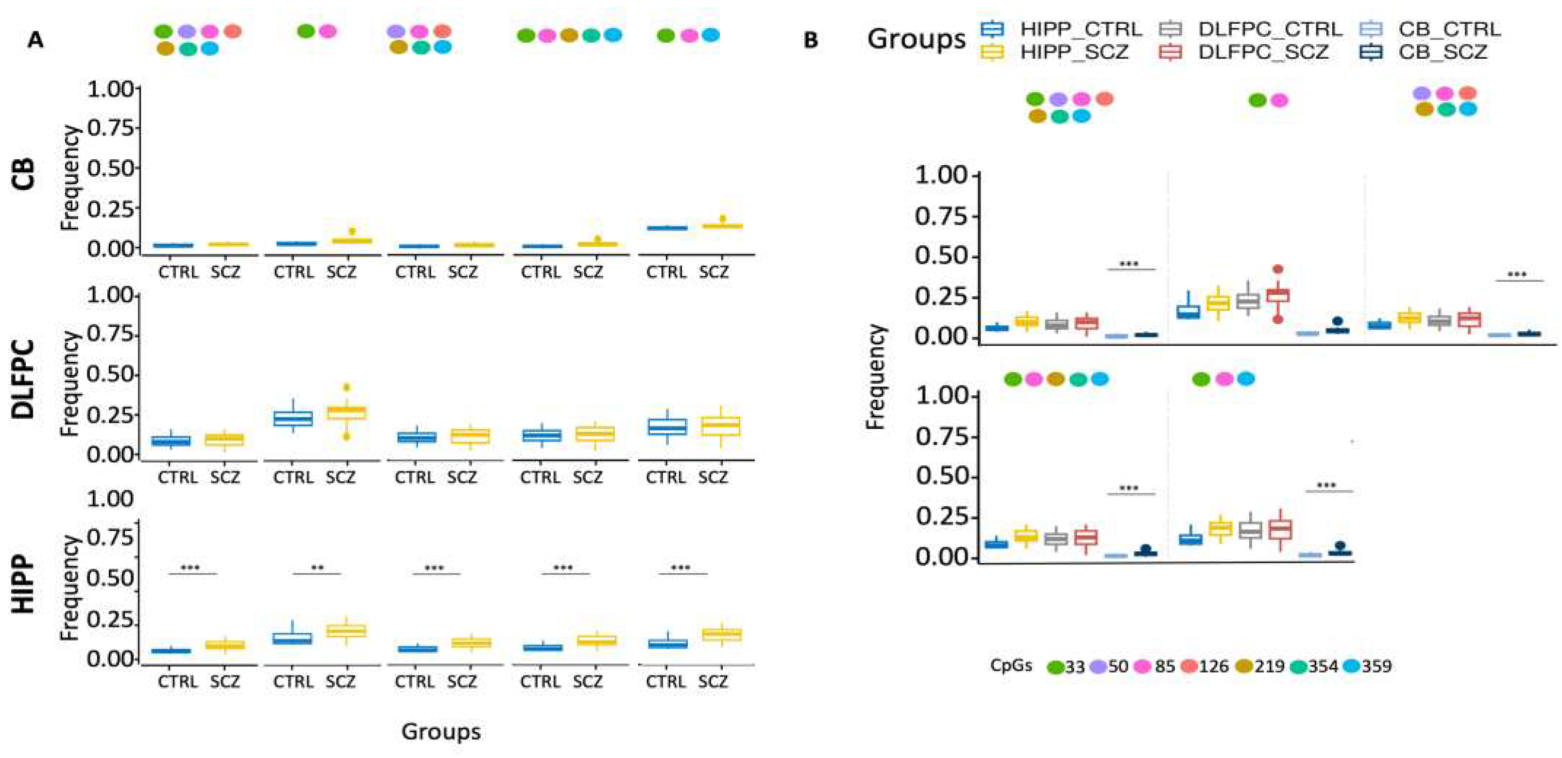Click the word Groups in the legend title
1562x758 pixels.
pyautogui.click(x=916, y=39)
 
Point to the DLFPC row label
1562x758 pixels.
pyautogui.click(x=24, y=379)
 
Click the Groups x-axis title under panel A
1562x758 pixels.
pyautogui.click(x=441, y=731)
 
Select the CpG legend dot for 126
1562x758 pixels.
pyautogui.click(x=1188, y=666)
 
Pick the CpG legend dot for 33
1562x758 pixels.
pyautogui.click(x=1056, y=667)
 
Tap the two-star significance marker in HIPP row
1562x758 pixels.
pyautogui.click(x=317, y=568)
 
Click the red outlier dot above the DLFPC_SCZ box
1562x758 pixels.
pyautogui.click(x=1277, y=269)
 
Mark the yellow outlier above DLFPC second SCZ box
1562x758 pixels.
pyautogui.click(x=346, y=387)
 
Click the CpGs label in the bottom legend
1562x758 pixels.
pyautogui.click(x=1011, y=665)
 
